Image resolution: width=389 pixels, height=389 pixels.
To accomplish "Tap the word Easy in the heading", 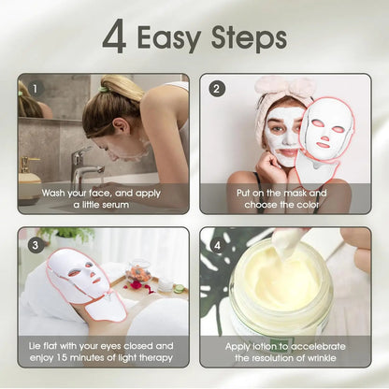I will click(x=171, y=38).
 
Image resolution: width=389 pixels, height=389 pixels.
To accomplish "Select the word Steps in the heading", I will click(x=248, y=38).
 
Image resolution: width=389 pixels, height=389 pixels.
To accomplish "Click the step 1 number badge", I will click(x=35, y=89).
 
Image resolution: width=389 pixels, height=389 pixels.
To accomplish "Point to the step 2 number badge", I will click(x=217, y=89).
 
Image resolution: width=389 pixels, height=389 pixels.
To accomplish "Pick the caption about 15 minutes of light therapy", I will click(x=102, y=353).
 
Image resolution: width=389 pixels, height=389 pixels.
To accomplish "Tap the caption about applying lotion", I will click(x=284, y=353).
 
